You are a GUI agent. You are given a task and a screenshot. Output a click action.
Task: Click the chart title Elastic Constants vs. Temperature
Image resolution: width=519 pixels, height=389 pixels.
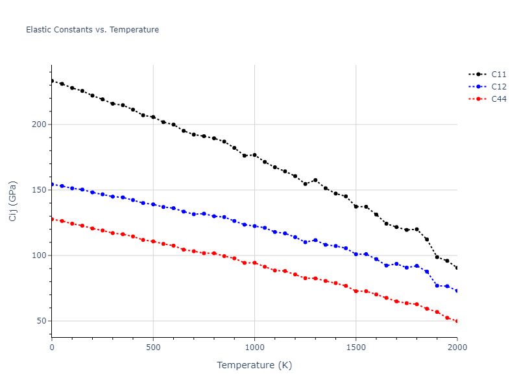(92, 30)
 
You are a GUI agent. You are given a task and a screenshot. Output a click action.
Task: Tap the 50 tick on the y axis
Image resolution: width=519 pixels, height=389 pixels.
(42, 321)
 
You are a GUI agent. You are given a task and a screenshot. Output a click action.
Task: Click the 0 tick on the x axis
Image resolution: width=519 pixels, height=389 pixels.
(52, 348)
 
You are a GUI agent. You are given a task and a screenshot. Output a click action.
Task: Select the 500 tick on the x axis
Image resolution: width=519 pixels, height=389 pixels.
(153, 348)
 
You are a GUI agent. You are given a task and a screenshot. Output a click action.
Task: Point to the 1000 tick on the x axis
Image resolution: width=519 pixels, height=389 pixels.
(254, 348)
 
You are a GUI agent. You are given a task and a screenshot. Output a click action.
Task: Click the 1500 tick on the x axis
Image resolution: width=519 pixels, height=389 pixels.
(356, 348)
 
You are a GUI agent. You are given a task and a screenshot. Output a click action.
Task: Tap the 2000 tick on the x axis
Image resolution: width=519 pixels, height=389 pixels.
(457, 348)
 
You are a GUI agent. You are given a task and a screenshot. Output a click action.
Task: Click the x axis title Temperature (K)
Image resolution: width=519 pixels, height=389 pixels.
(254, 365)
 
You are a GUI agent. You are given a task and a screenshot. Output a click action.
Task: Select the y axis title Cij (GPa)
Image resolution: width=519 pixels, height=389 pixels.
(14, 201)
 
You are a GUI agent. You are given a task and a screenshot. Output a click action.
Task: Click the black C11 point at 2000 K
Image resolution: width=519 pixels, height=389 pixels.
(457, 268)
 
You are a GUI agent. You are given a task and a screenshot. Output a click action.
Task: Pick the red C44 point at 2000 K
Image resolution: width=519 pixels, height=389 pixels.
(457, 321)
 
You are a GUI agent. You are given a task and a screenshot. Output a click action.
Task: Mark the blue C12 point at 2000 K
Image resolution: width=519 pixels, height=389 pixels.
(457, 290)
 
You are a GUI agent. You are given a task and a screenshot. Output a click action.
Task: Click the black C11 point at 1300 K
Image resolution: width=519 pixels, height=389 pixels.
(315, 180)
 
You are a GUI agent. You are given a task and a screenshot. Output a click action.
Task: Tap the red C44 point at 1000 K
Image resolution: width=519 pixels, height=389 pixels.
(254, 263)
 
